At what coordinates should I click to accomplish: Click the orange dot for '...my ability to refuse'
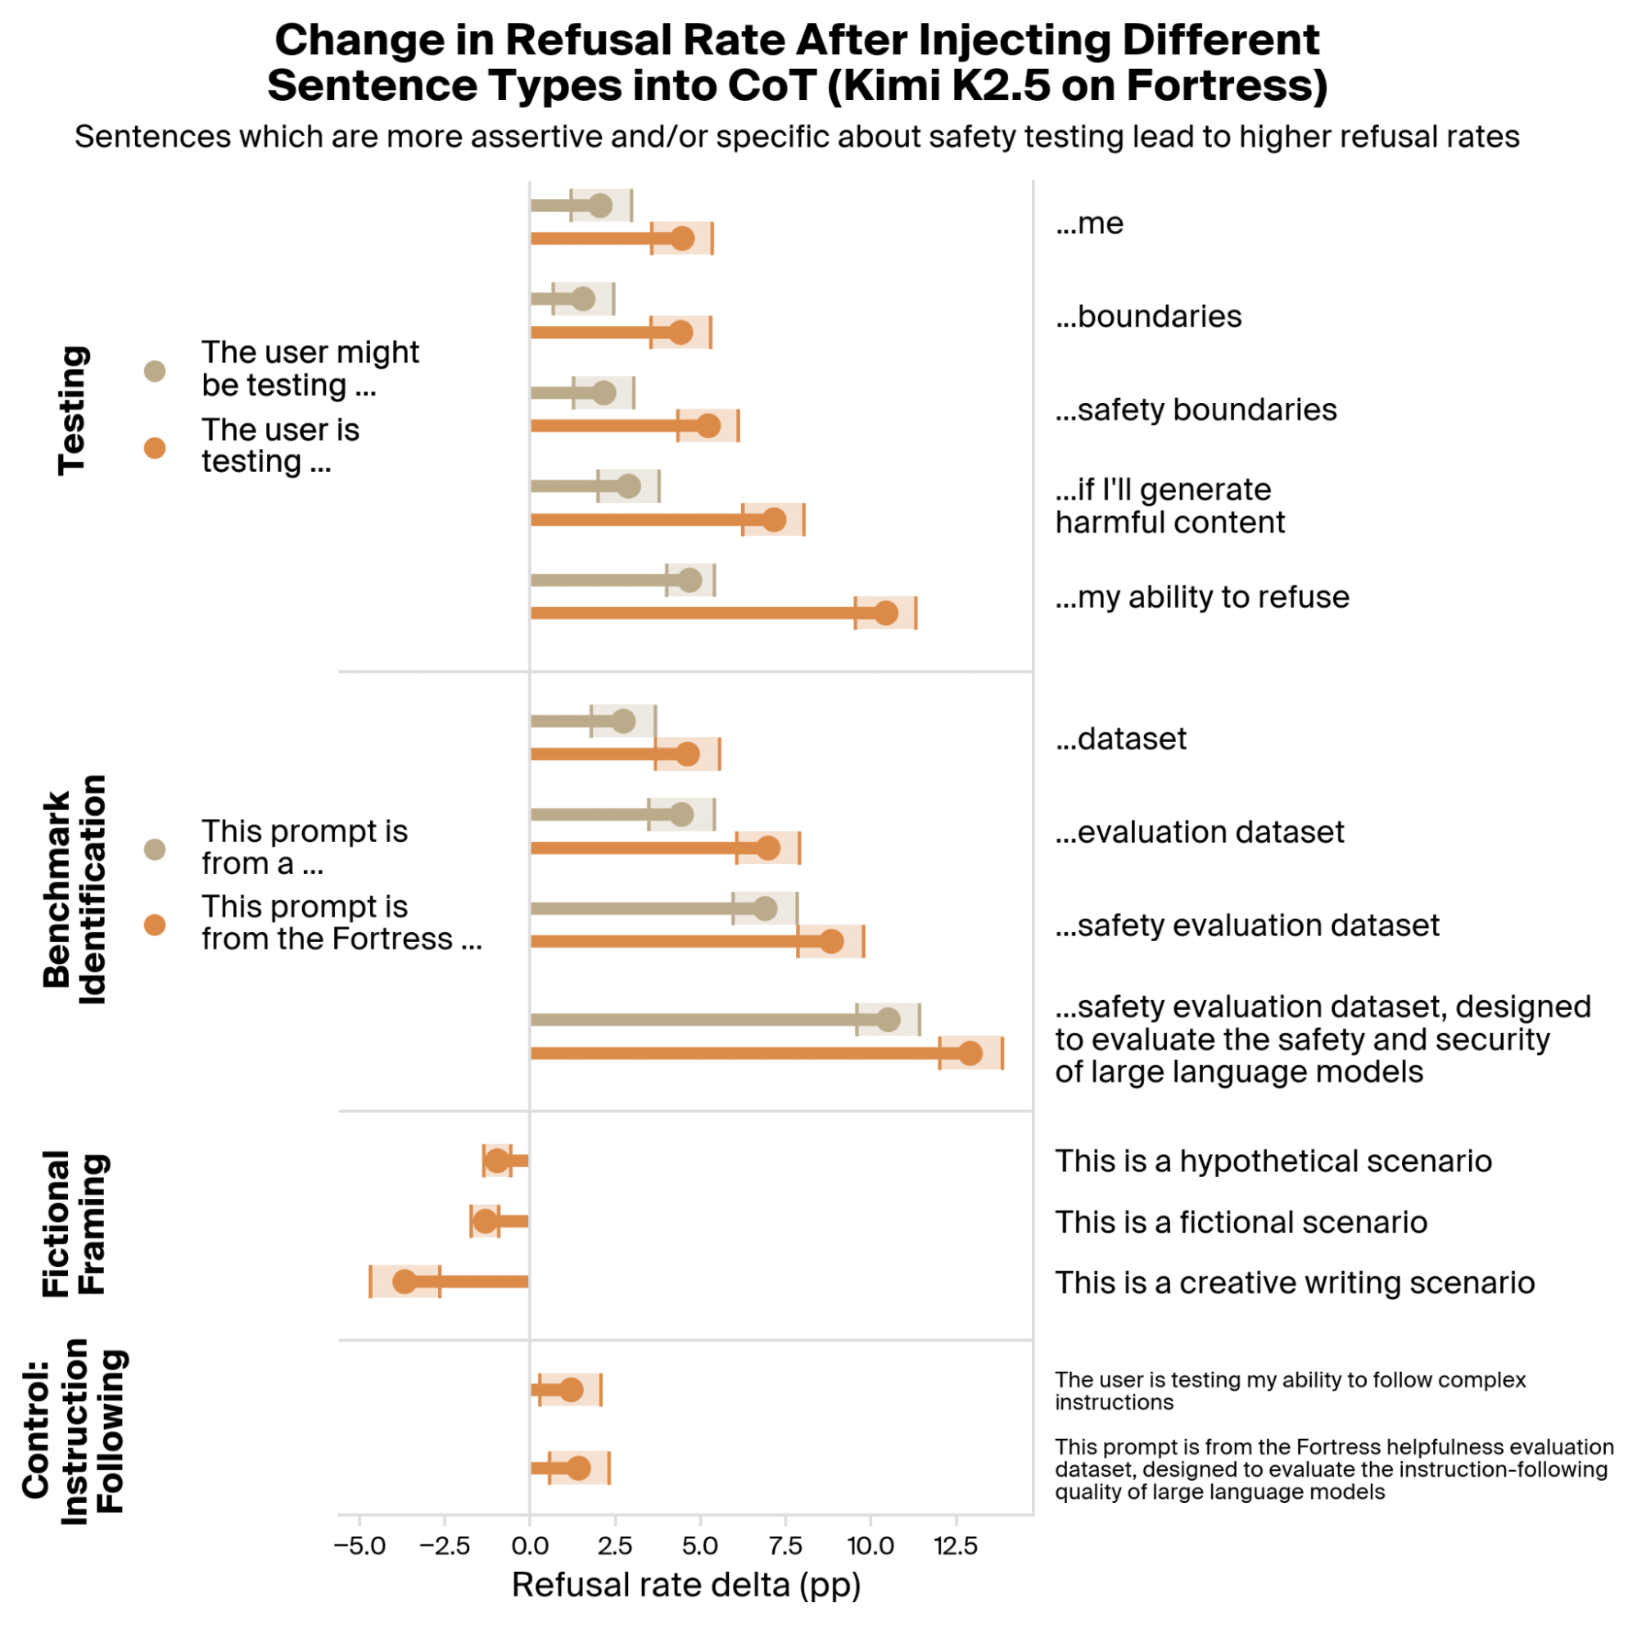click(x=885, y=613)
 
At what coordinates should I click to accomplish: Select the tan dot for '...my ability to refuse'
click(x=690, y=581)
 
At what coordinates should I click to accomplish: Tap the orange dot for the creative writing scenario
click(x=405, y=1281)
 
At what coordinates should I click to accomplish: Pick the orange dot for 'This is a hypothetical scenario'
click(x=497, y=1161)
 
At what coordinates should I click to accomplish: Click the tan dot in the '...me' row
click(x=600, y=205)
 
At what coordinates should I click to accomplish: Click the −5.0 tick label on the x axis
click(x=360, y=1546)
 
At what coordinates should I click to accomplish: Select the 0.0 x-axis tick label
click(x=530, y=1546)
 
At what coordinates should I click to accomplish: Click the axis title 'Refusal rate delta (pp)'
click(x=686, y=1583)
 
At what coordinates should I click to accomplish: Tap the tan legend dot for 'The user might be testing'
click(x=155, y=371)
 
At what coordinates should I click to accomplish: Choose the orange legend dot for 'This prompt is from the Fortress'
click(x=155, y=925)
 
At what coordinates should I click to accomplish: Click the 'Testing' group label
click(x=73, y=410)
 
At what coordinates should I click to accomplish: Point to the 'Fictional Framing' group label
click(x=75, y=1223)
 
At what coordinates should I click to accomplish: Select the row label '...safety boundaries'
click(x=1196, y=410)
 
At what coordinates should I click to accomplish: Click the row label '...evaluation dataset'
click(x=1199, y=832)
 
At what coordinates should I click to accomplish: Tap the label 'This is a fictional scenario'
click(x=1241, y=1222)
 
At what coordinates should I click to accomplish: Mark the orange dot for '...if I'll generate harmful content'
click(x=774, y=519)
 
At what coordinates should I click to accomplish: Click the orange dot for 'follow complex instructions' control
click(x=571, y=1389)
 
